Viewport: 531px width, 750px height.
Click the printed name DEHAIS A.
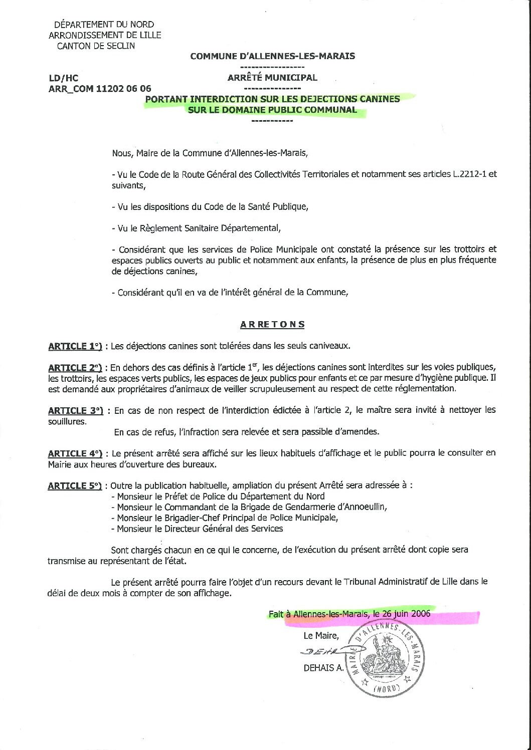pyautogui.click(x=319, y=668)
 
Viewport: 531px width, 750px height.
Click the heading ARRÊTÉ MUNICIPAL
pyautogui.click(x=272, y=78)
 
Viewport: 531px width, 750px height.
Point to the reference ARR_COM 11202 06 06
pyautogui.click(x=99, y=89)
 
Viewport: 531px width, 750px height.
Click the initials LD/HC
pyautogui.click(x=63, y=78)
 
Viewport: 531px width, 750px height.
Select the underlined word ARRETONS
pyautogui.click(x=272, y=324)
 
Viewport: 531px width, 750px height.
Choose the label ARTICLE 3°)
pyautogui.click(x=76, y=410)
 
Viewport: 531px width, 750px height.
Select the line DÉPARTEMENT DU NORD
pyautogui.click(x=104, y=24)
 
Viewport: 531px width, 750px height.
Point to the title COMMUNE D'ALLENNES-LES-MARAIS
pyautogui.click(x=272, y=56)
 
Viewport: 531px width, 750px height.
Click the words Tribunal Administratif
pyautogui.click(x=384, y=582)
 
